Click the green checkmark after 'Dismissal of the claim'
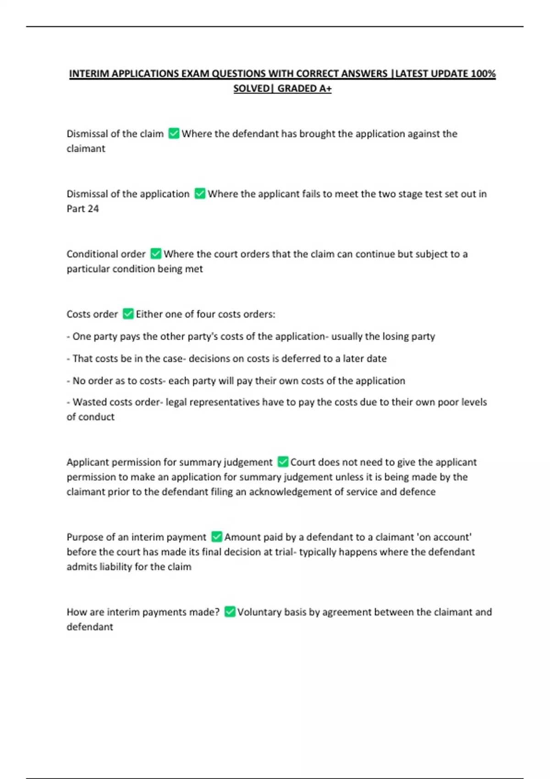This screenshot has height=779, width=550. (x=174, y=133)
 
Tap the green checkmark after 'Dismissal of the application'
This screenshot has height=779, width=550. (x=200, y=193)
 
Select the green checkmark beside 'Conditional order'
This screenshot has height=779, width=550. (x=156, y=253)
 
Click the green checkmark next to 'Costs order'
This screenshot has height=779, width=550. (x=128, y=314)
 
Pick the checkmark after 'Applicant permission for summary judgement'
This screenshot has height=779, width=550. (x=283, y=461)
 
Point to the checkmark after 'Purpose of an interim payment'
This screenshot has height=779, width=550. (x=217, y=537)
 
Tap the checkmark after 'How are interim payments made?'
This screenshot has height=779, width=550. (x=230, y=612)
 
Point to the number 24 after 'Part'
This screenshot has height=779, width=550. (x=93, y=208)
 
